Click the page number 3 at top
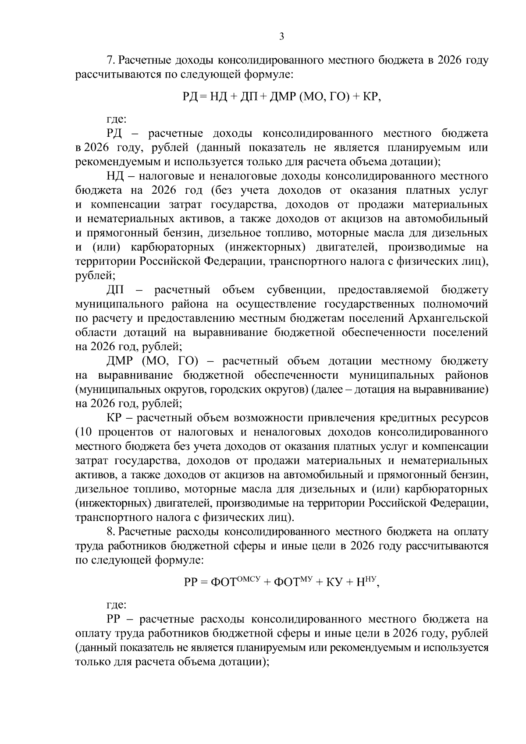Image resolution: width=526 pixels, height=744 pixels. (x=281, y=37)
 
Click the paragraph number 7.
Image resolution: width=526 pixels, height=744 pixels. (x=110, y=60)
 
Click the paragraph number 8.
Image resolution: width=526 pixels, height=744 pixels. (x=110, y=532)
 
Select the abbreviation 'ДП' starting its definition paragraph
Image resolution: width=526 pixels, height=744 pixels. (x=116, y=290)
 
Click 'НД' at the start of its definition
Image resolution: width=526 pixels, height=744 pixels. (x=115, y=176)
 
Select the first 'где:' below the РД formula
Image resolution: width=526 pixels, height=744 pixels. (x=117, y=119)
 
